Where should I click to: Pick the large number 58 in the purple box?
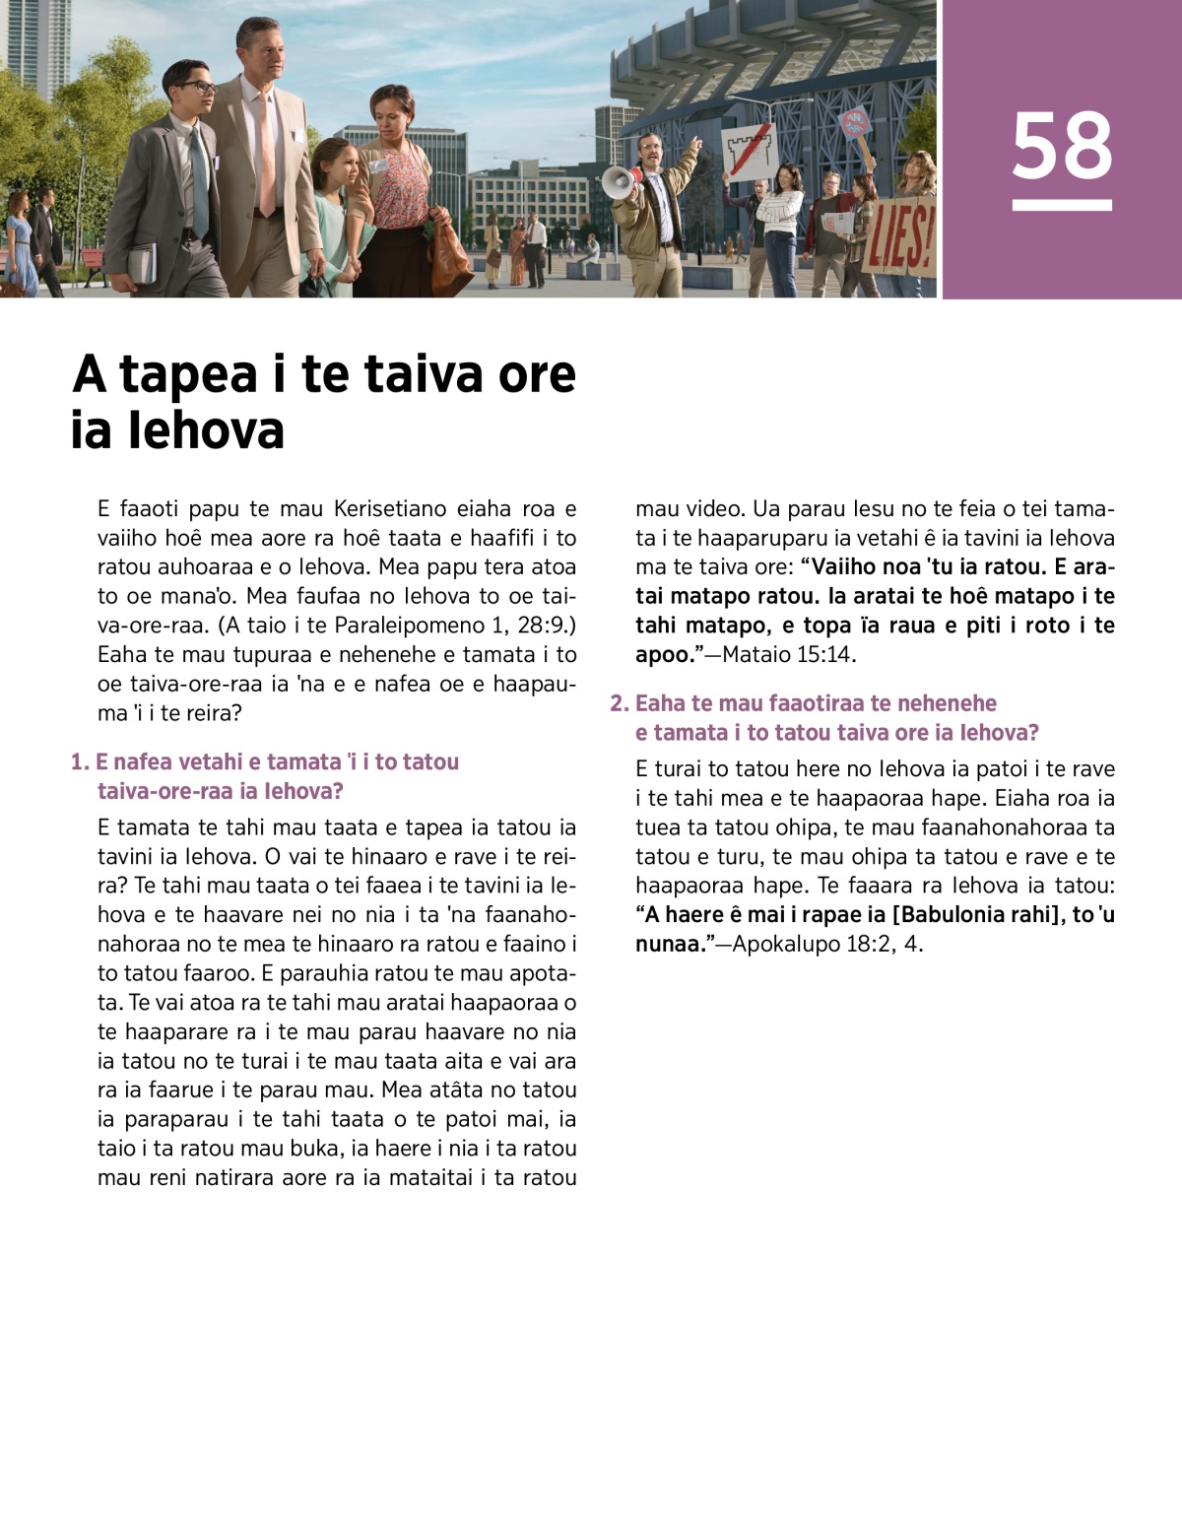(1062, 146)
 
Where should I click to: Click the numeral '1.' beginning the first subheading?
(80, 761)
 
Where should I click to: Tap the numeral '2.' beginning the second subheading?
(619, 703)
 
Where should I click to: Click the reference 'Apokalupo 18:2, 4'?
(827, 944)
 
